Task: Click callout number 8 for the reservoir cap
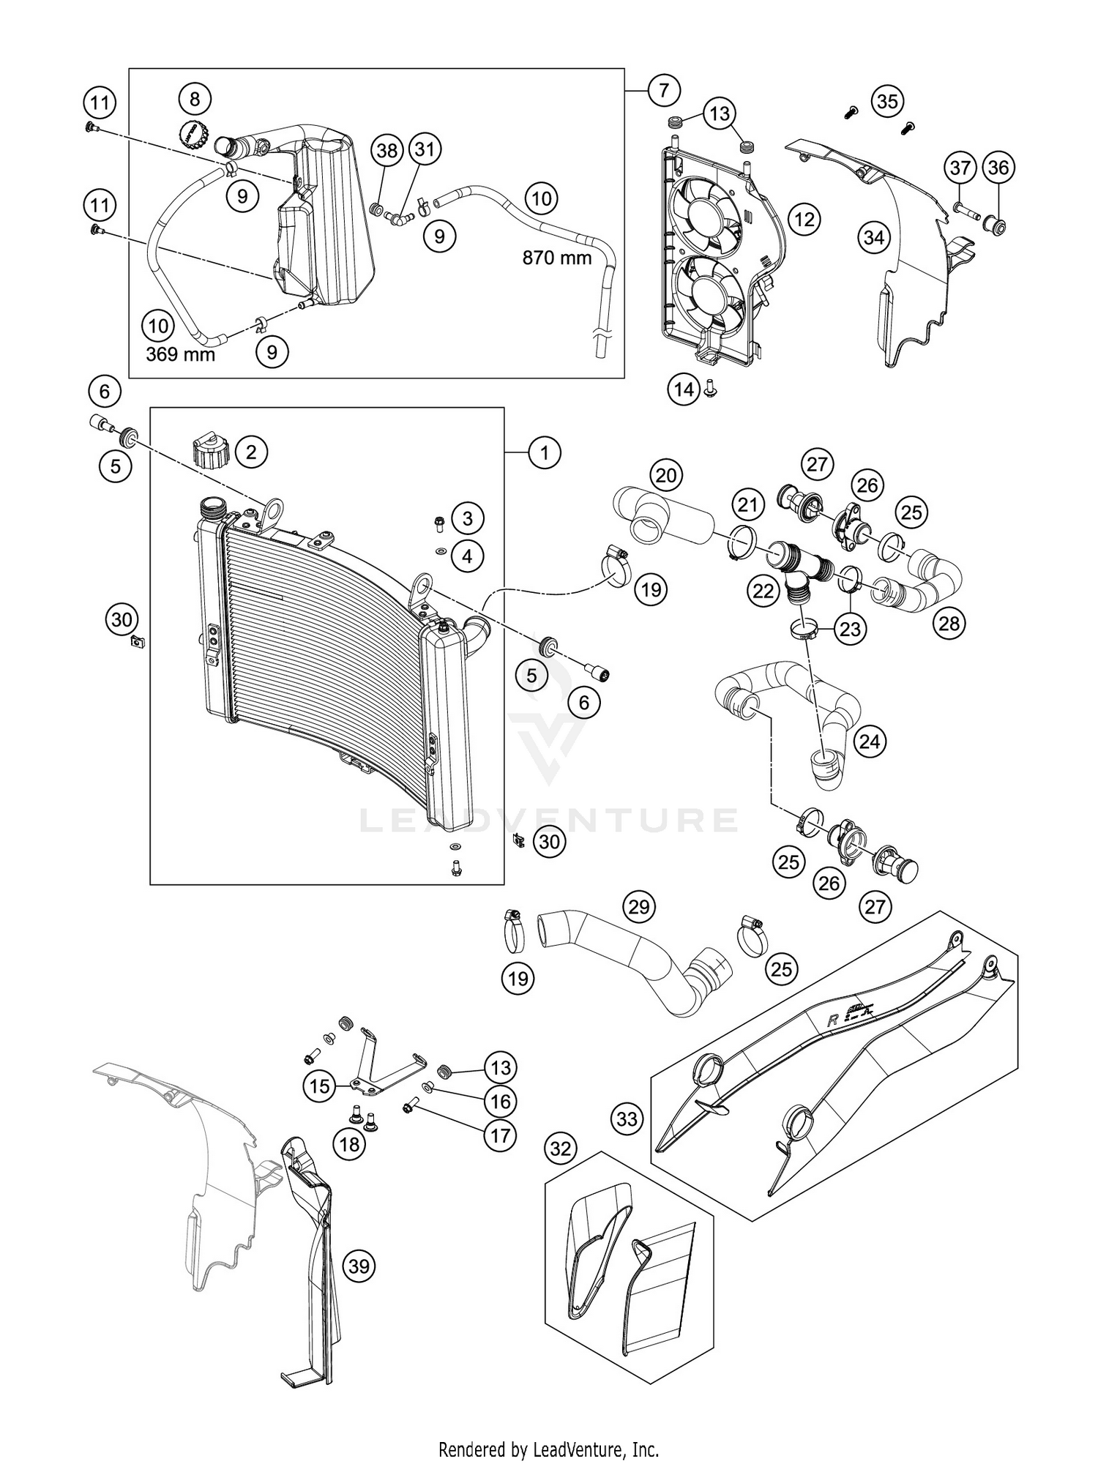click(x=194, y=98)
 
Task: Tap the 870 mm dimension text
click(x=556, y=258)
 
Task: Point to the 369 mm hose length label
click(x=180, y=355)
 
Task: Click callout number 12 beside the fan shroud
click(x=804, y=219)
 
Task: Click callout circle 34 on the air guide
click(x=874, y=238)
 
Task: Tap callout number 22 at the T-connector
click(x=763, y=591)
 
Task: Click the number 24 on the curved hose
click(x=870, y=742)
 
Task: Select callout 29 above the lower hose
click(x=639, y=907)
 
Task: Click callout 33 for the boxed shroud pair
click(x=627, y=1118)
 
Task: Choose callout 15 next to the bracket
click(x=320, y=1086)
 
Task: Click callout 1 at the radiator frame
click(x=544, y=453)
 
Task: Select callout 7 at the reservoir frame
click(x=663, y=91)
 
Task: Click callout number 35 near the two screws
click(x=887, y=101)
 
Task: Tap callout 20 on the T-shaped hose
click(x=665, y=477)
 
